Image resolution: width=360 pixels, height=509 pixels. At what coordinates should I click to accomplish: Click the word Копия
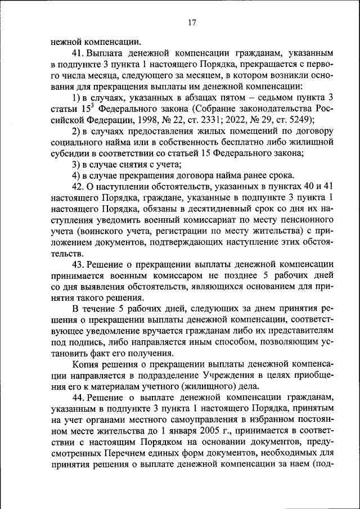coord(85,364)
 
